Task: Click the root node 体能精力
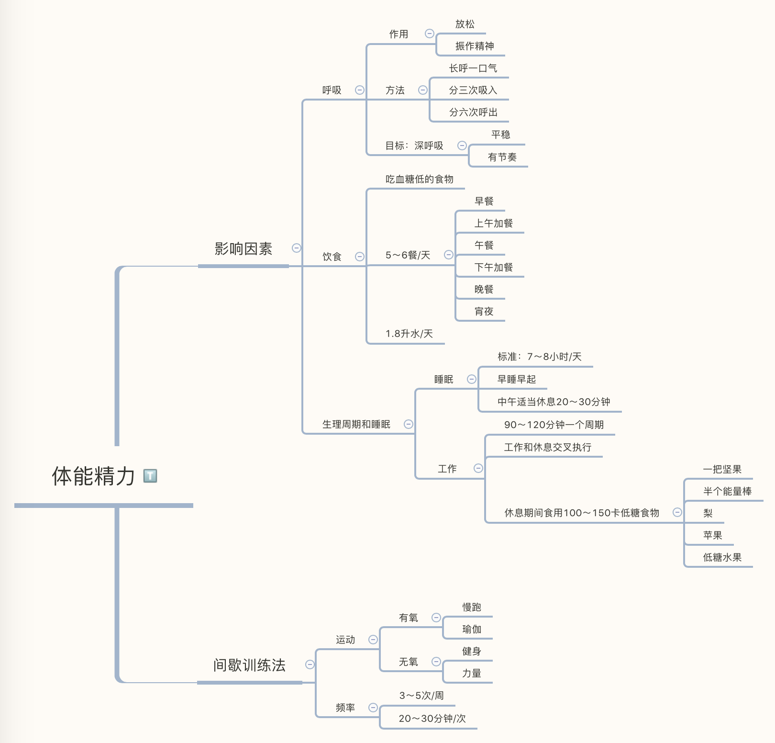(x=93, y=476)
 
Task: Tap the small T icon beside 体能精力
(x=150, y=475)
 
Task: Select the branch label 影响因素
(x=243, y=249)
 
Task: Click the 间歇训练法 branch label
(x=249, y=665)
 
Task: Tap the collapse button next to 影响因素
(x=297, y=248)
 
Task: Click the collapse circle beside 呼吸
(x=360, y=90)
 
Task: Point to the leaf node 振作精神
(x=474, y=46)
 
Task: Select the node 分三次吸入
(x=473, y=90)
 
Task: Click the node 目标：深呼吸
(x=414, y=146)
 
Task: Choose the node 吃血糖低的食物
(x=419, y=179)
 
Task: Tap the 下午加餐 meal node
(x=493, y=267)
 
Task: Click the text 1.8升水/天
(x=409, y=334)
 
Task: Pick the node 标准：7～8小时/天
(x=539, y=357)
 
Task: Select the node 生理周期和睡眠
(x=356, y=424)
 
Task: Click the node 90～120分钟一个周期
(x=554, y=425)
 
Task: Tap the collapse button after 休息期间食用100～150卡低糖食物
(x=677, y=512)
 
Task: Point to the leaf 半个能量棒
(x=727, y=491)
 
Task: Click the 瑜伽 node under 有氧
(x=471, y=629)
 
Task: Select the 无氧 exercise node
(x=408, y=662)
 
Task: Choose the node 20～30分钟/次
(x=432, y=718)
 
